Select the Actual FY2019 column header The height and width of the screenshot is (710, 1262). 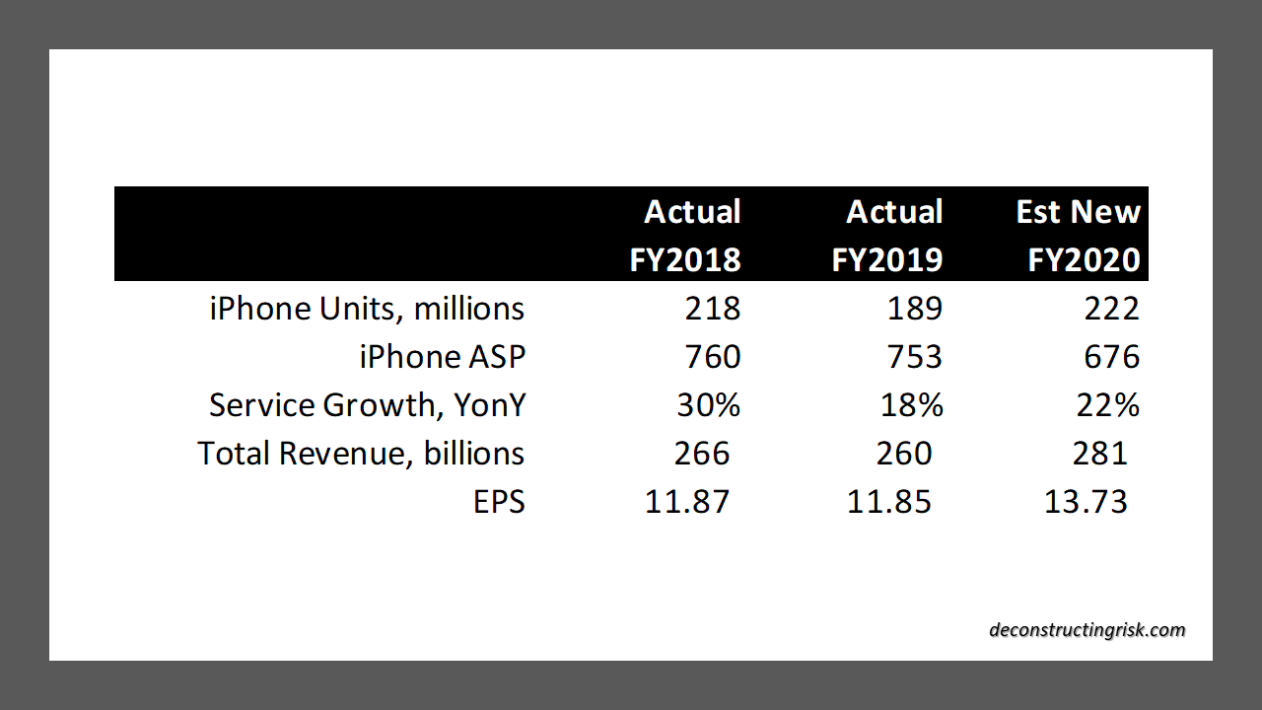tap(887, 235)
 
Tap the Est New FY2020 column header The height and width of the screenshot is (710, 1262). tap(1079, 235)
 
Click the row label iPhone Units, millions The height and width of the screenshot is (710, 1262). tap(367, 309)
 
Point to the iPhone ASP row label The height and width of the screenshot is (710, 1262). tap(442, 356)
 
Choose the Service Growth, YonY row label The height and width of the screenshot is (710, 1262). tap(367, 405)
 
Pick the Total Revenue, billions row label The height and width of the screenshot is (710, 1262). tap(361, 454)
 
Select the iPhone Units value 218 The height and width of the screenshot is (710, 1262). tap(713, 309)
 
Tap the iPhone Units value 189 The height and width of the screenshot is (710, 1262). tap(915, 309)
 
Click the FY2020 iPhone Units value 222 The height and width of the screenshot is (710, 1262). tap(1112, 309)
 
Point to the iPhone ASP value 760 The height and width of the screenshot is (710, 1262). tap(713, 356)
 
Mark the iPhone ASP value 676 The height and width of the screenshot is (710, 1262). tap(1112, 356)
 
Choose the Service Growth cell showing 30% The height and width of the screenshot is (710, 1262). tap(708, 405)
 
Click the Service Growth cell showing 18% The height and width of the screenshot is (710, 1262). tap(910, 405)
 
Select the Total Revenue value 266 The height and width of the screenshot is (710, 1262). tap(702, 454)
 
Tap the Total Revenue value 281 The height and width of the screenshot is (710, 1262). tap(1099, 454)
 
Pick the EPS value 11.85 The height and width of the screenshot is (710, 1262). tap(889, 502)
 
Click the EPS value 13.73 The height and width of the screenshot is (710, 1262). tap(1086, 502)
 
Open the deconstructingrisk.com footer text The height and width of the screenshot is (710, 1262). tap(1087, 630)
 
